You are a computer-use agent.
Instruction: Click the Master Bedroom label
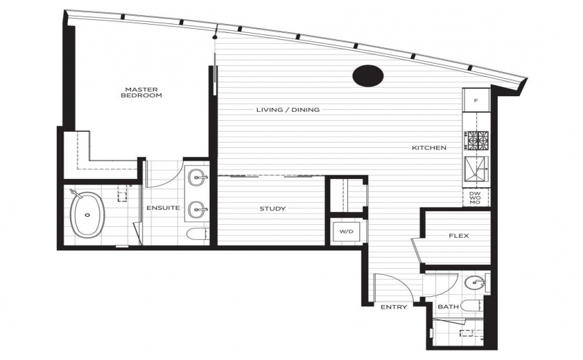click(x=141, y=93)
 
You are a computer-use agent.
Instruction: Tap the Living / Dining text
click(x=288, y=110)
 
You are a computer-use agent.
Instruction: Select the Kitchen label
click(x=429, y=147)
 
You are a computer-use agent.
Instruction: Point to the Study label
click(x=272, y=208)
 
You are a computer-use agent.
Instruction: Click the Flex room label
click(x=459, y=236)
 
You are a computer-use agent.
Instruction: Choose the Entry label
click(x=394, y=307)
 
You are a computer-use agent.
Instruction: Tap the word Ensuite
click(x=163, y=208)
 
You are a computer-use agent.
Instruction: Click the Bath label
click(x=448, y=307)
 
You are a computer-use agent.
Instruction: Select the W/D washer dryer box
click(x=346, y=231)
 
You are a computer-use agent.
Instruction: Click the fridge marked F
click(x=476, y=100)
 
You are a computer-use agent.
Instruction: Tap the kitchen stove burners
click(x=478, y=141)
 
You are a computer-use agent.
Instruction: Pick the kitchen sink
click(x=476, y=170)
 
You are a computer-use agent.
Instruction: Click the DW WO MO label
click(x=475, y=197)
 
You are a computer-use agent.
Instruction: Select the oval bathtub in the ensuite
click(x=88, y=214)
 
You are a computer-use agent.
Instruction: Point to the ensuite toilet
click(x=197, y=234)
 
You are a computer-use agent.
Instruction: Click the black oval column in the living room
click(x=368, y=76)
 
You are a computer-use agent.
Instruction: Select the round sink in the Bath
click(x=475, y=283)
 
